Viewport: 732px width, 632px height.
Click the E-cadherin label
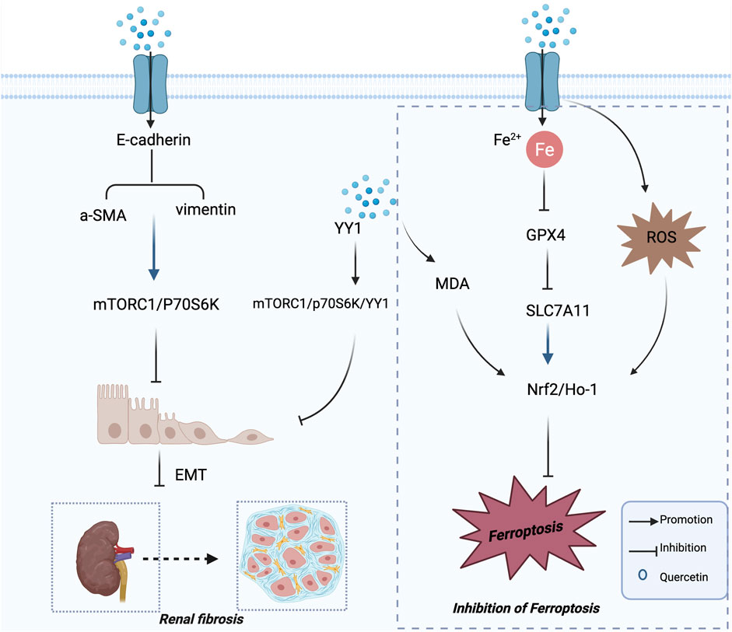[x=149, y=142]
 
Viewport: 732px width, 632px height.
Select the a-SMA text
[x=90, y=210]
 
